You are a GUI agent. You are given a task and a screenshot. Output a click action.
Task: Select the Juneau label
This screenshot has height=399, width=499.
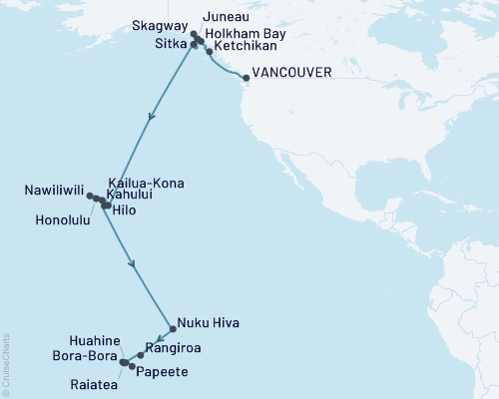pyautogui.click(x=226, y=17)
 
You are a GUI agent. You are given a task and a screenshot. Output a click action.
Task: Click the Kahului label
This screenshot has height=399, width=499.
pyautogui.click(x=126, y=198)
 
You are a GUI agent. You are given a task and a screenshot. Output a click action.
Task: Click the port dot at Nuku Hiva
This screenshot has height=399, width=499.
pyautogui.click(x=173, y=323)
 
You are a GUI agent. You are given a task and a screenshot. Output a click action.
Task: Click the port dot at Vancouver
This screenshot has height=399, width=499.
pyautogui.click(x=245, y=76)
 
